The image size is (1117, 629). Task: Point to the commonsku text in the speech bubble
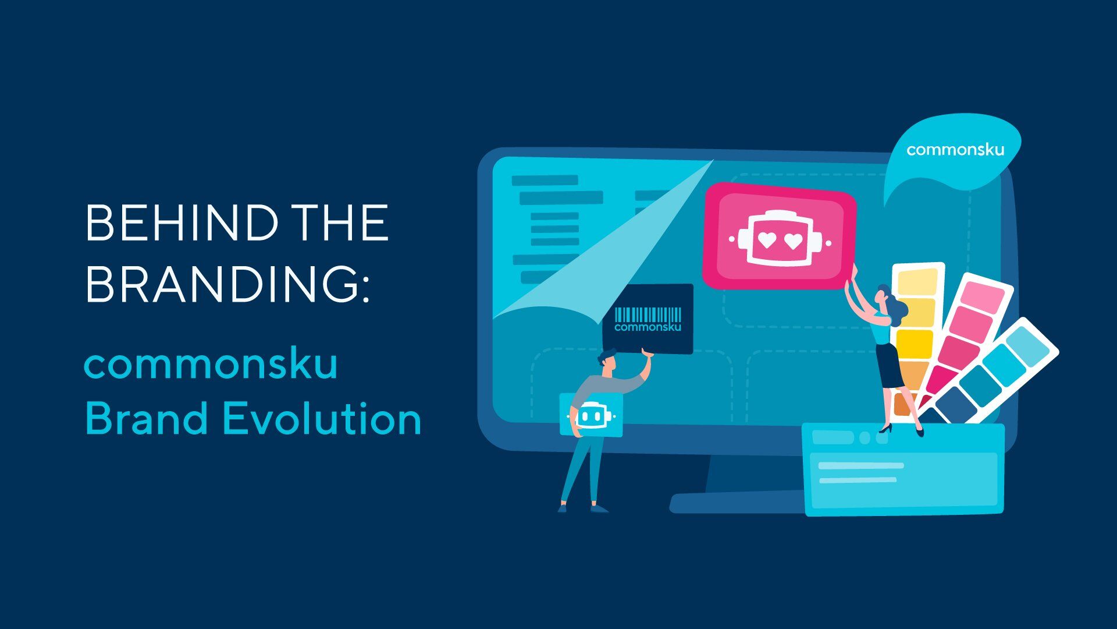click(x=955, y=150)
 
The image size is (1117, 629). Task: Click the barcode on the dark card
click(x=648, y=315)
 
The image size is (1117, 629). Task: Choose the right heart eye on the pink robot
click(x=792, y=241)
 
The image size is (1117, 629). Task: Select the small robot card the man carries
click(x=591, y=415)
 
